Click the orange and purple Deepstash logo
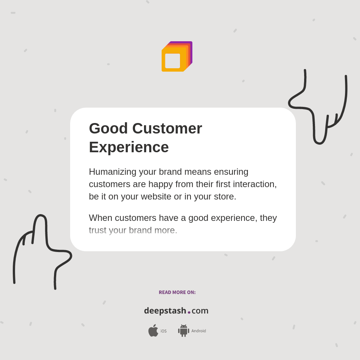coord(177,57)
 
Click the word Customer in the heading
coord(167,129)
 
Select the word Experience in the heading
coord(129,147)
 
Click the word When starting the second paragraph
coord(100,218)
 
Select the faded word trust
coord(97,230)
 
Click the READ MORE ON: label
coord(177,292)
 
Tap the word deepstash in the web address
coord(165,311)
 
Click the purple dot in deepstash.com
coord(189,312)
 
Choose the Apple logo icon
coord(153,331)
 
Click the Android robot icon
coord(183,331)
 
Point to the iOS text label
coord(163,331)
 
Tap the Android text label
coord(198,331)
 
